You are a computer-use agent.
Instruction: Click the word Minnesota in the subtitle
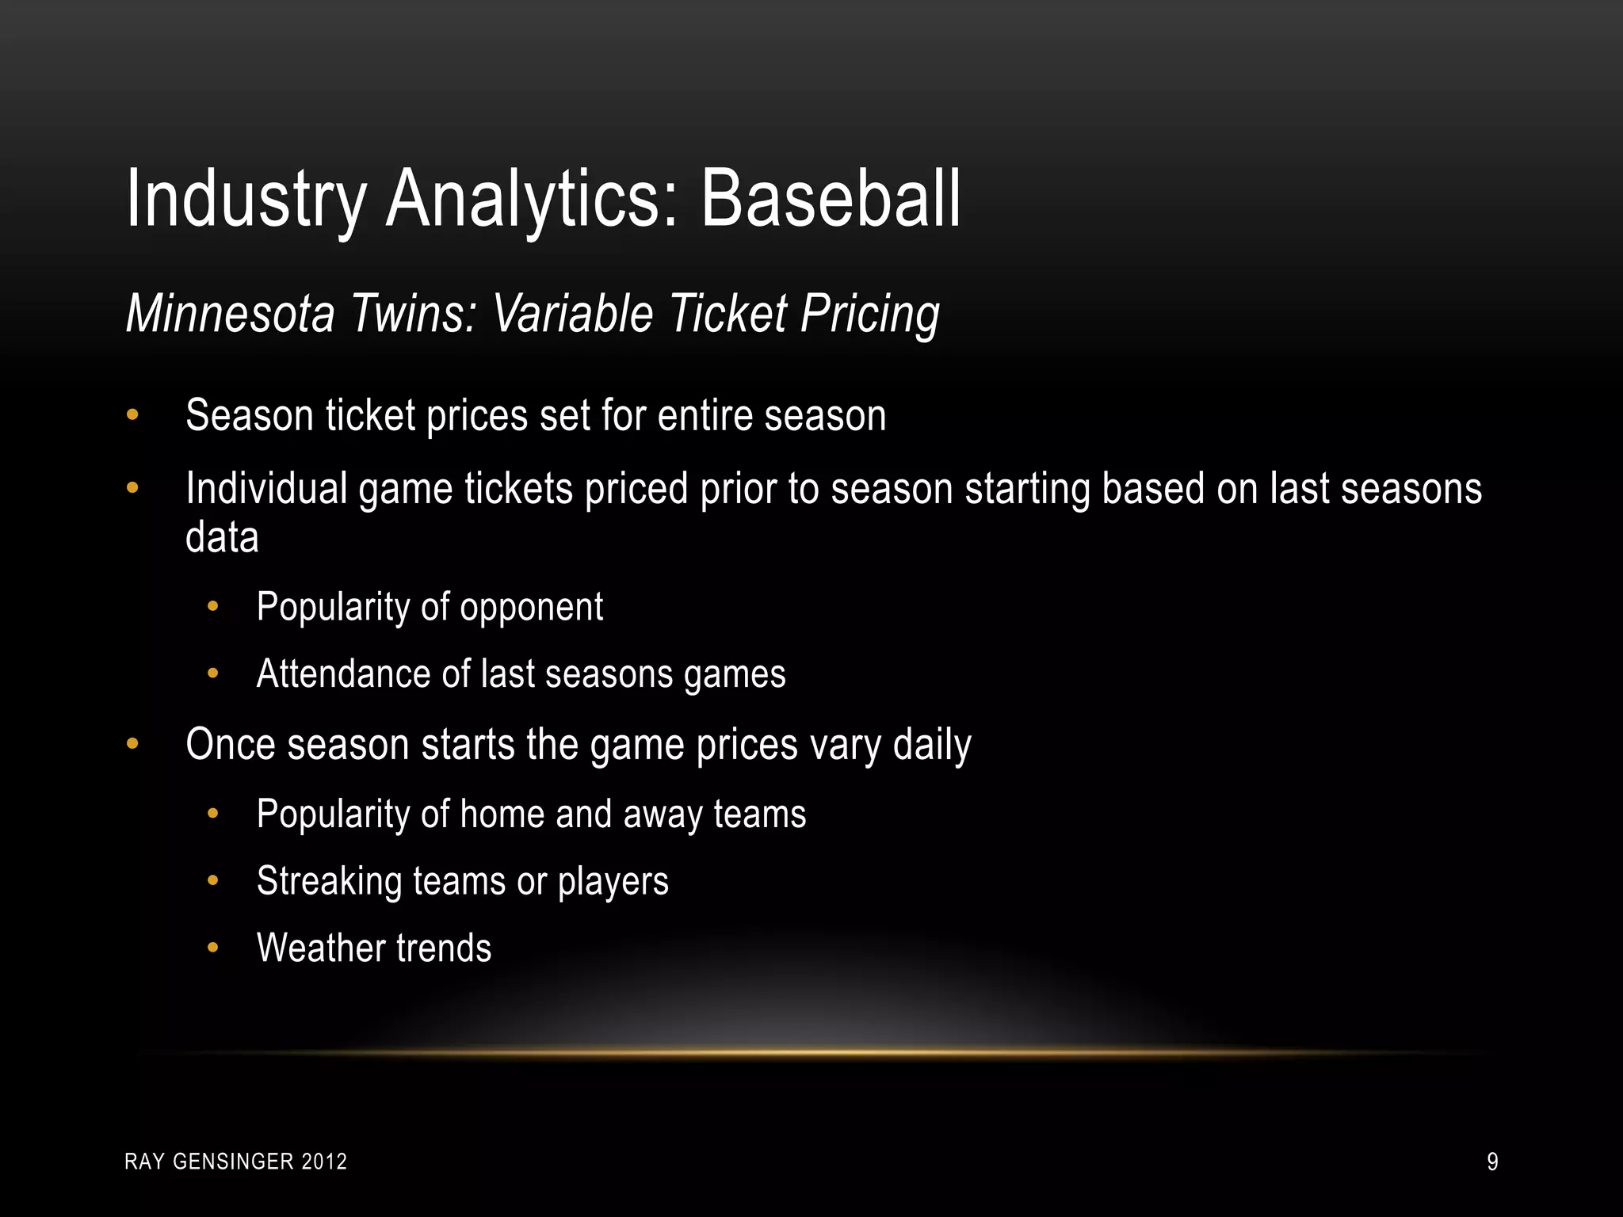pyautogui.click(x=231, y=314)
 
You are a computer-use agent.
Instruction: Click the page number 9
pyautogui.click(x=1491, y=1162)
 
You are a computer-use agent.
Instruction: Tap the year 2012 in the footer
pyautogui.click(x=325, y=1162)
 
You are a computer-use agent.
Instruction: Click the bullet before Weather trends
pyautogui.click(x=212, y=948)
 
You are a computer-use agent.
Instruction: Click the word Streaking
pyautogui.click(x=329, y=881)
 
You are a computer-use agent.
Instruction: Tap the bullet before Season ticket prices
pyautogui.click(x=132, y=415)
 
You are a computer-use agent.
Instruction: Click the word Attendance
pyautogui.click(x=344, y=674)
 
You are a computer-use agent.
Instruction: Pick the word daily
pyautogui.click(x=932, y=746)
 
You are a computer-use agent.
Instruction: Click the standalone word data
pyautogui.click(x=222, y=538)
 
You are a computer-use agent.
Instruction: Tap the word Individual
pyautogui.click(x=266, y=488)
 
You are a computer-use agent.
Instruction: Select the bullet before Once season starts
pyautogui.click(x=132, y=745)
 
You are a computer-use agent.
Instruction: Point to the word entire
pyautogui.click(x=705, y=415)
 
